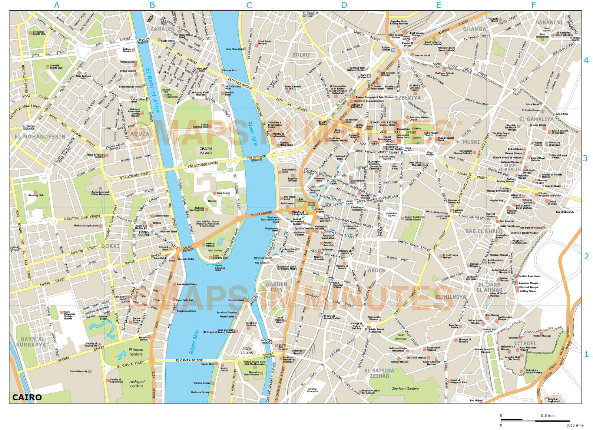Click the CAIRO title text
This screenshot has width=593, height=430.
pos(27,397)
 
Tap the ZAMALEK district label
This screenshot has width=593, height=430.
pos(162,29)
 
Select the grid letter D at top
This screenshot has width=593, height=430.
pos(344,5)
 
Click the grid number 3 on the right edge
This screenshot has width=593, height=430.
pos(585,158)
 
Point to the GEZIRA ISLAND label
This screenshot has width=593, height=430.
pos(206,150)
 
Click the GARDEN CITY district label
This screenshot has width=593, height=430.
pos(276,287)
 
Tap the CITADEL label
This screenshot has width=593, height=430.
pos(525,344)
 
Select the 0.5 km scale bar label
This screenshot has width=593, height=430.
pos(547,415)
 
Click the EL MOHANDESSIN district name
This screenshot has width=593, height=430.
pos(40,136)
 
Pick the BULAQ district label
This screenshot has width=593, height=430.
pos(301,55)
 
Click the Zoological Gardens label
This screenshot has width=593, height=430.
pos(136,384)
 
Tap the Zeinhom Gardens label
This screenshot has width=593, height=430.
pos(405,388)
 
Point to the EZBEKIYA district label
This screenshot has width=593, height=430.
pos(408,98)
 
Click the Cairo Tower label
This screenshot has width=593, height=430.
pos(223,193)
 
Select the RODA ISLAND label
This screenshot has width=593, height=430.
pos(247,350)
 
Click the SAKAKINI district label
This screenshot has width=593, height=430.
pos(549,22)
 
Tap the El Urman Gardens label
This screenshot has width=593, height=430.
pos(136,352)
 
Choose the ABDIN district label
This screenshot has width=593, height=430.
pos(376,270)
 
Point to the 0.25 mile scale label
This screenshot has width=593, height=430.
pos(574,425)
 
